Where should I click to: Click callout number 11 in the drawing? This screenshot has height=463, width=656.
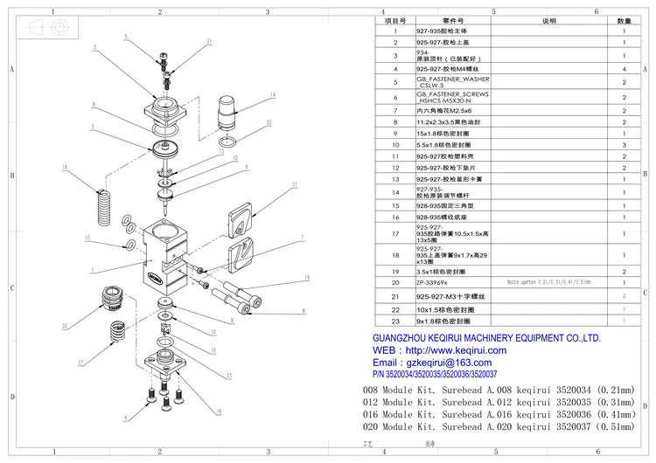[x=294, y=185]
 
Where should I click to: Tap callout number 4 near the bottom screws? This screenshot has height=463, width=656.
[x=124, y=418]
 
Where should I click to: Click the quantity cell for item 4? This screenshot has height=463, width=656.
[x=624, y=68]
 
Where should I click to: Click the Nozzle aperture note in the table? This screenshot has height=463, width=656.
[x=549, y=283]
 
